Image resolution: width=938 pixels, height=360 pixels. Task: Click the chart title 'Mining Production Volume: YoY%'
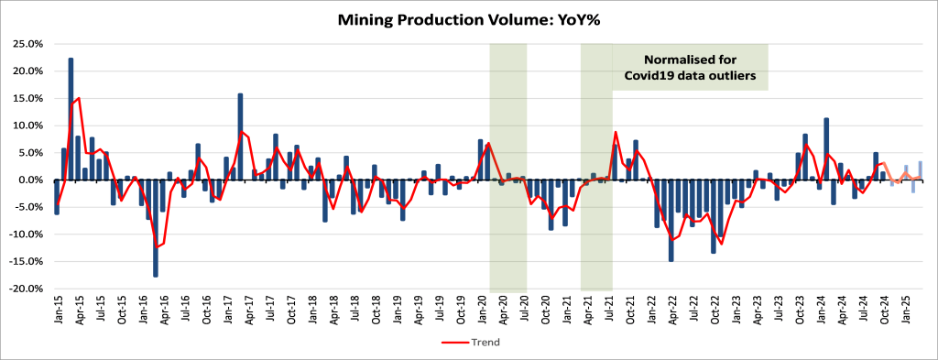[468, 20]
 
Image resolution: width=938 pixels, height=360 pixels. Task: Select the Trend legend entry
[471, 343]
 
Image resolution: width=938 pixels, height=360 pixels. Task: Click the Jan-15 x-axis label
[58, 311]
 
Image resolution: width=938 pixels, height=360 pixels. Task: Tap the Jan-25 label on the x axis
[906, 311]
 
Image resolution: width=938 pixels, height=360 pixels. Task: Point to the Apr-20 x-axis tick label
[503, 311]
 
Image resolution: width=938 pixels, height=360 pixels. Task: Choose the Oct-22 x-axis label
[714, 311]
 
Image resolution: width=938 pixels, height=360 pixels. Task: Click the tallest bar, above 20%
[71, 119]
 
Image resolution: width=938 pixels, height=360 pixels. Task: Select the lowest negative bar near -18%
[156, 228]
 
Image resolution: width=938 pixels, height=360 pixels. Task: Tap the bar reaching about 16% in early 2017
[241, 136]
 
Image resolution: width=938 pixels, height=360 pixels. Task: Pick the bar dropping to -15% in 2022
[671, 221]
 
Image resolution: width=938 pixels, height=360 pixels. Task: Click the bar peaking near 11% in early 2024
[826, 149]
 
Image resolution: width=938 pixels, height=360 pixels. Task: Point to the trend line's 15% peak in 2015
[79, 97]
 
